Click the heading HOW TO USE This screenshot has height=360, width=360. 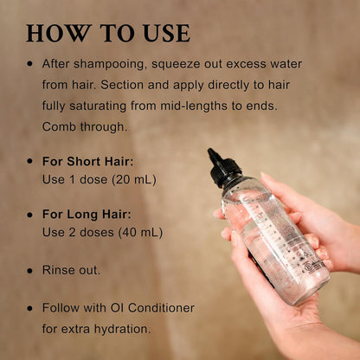point(108,33)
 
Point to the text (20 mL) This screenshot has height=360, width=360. point(133,179)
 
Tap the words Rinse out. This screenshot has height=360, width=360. point(71,270)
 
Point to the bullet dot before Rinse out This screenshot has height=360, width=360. point(30,270)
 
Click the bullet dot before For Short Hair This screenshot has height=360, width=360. point(30,161)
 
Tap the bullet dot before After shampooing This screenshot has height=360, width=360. point(30,64)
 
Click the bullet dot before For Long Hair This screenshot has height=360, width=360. point(30,214)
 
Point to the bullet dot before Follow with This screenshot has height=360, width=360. point(30,307)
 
